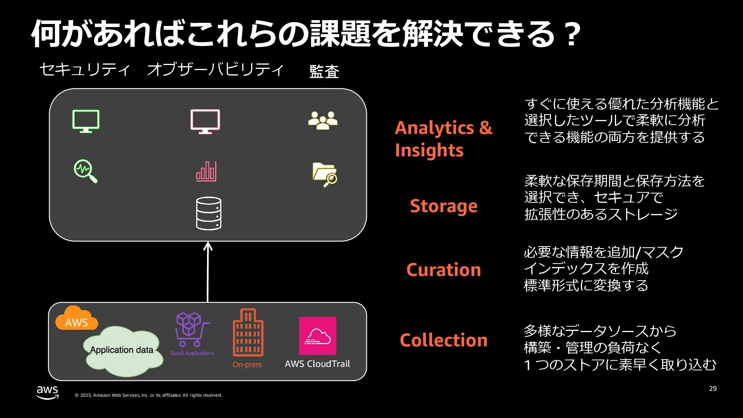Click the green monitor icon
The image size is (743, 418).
(86, 121)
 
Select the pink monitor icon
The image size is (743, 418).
(205, 121)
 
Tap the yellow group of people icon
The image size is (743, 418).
(323, 120)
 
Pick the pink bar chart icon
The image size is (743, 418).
(206, 171)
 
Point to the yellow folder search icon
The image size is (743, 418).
(324, 174)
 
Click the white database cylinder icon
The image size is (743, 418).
(209, 213)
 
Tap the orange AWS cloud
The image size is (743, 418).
(76, 319)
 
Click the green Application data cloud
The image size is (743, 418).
(122, 351)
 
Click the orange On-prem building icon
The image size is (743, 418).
(248, 332)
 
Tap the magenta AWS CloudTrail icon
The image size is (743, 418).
(317, 336)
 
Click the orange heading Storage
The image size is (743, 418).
(443, 206)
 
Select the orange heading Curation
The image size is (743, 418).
(443, 270)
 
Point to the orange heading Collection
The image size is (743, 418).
(443, 340)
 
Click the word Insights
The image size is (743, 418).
(429, 150)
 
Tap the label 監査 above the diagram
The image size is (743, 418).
(324, 72)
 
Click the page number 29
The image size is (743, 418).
(713, 389)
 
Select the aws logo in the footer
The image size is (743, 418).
(48, 392)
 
